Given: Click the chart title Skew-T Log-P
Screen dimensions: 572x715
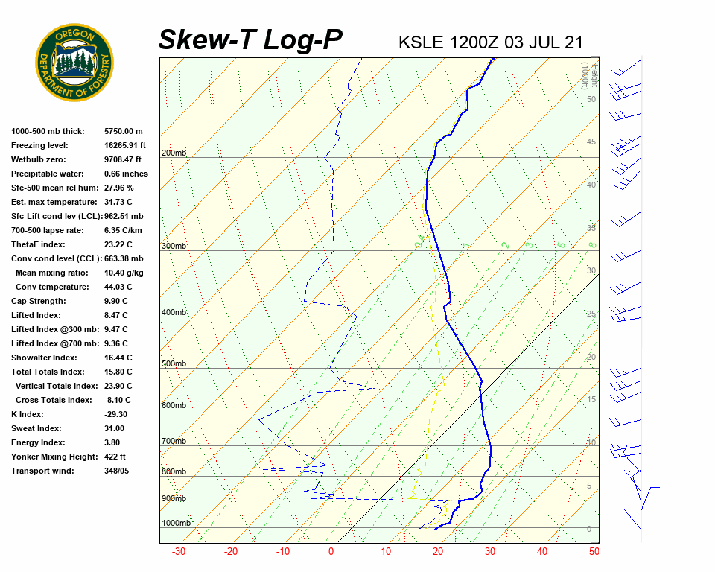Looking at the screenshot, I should (251, 40).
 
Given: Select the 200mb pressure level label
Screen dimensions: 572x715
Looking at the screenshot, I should (174, 153).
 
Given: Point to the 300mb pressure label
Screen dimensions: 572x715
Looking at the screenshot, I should (174, 246).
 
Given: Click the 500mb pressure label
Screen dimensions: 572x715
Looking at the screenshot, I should (174, 363).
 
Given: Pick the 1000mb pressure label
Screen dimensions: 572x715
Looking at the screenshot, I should (177, 523).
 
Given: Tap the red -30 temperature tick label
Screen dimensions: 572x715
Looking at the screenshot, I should (179, 552).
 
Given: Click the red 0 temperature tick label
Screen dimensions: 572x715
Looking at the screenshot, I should (331, 552).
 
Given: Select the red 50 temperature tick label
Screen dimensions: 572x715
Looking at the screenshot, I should (594, 552).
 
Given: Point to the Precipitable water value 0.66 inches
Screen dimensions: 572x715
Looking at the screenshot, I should (126, 174).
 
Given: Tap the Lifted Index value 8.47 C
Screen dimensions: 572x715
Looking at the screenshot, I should (118, 315).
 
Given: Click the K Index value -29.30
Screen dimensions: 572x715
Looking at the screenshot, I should (116, 414).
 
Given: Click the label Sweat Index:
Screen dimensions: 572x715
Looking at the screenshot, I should (36, 428).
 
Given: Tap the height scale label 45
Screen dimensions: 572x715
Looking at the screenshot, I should (591, 142).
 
